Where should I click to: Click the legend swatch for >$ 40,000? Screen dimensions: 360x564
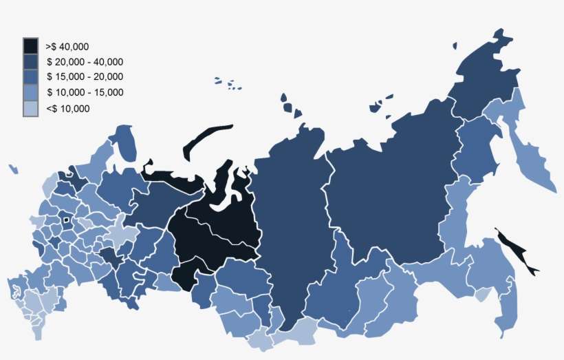click(31, 46)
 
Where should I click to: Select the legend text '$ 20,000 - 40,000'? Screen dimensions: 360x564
click(85, 62)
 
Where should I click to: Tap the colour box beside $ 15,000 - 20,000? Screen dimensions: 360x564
click(31, 77)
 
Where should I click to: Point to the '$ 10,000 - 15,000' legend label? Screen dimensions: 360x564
click(85, 92)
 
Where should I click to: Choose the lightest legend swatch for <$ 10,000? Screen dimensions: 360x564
click(31, 108)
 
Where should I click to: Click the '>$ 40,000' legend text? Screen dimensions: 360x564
click(67, 47)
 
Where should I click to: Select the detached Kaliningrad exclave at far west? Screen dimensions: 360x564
click(13, 169)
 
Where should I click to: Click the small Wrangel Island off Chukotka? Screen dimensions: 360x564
click(455, 46)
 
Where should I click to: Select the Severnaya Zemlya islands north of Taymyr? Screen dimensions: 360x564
click(289, 107)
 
